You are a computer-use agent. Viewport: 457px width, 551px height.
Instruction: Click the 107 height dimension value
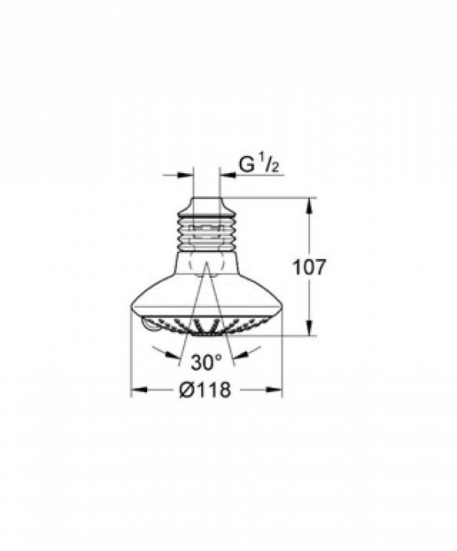click(308, 268)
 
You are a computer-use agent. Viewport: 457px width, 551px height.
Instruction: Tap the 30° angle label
click(207, 363)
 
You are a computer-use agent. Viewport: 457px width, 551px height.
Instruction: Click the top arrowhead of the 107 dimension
click(308, 204)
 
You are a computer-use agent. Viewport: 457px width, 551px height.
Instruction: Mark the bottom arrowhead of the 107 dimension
click(308, 330)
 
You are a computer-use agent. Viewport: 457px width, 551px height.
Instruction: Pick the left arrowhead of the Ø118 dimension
click(136, 389)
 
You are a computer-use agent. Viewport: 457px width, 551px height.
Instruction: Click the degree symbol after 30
click(219, 358)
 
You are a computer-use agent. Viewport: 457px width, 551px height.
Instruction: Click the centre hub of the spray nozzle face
click(206, 329)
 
